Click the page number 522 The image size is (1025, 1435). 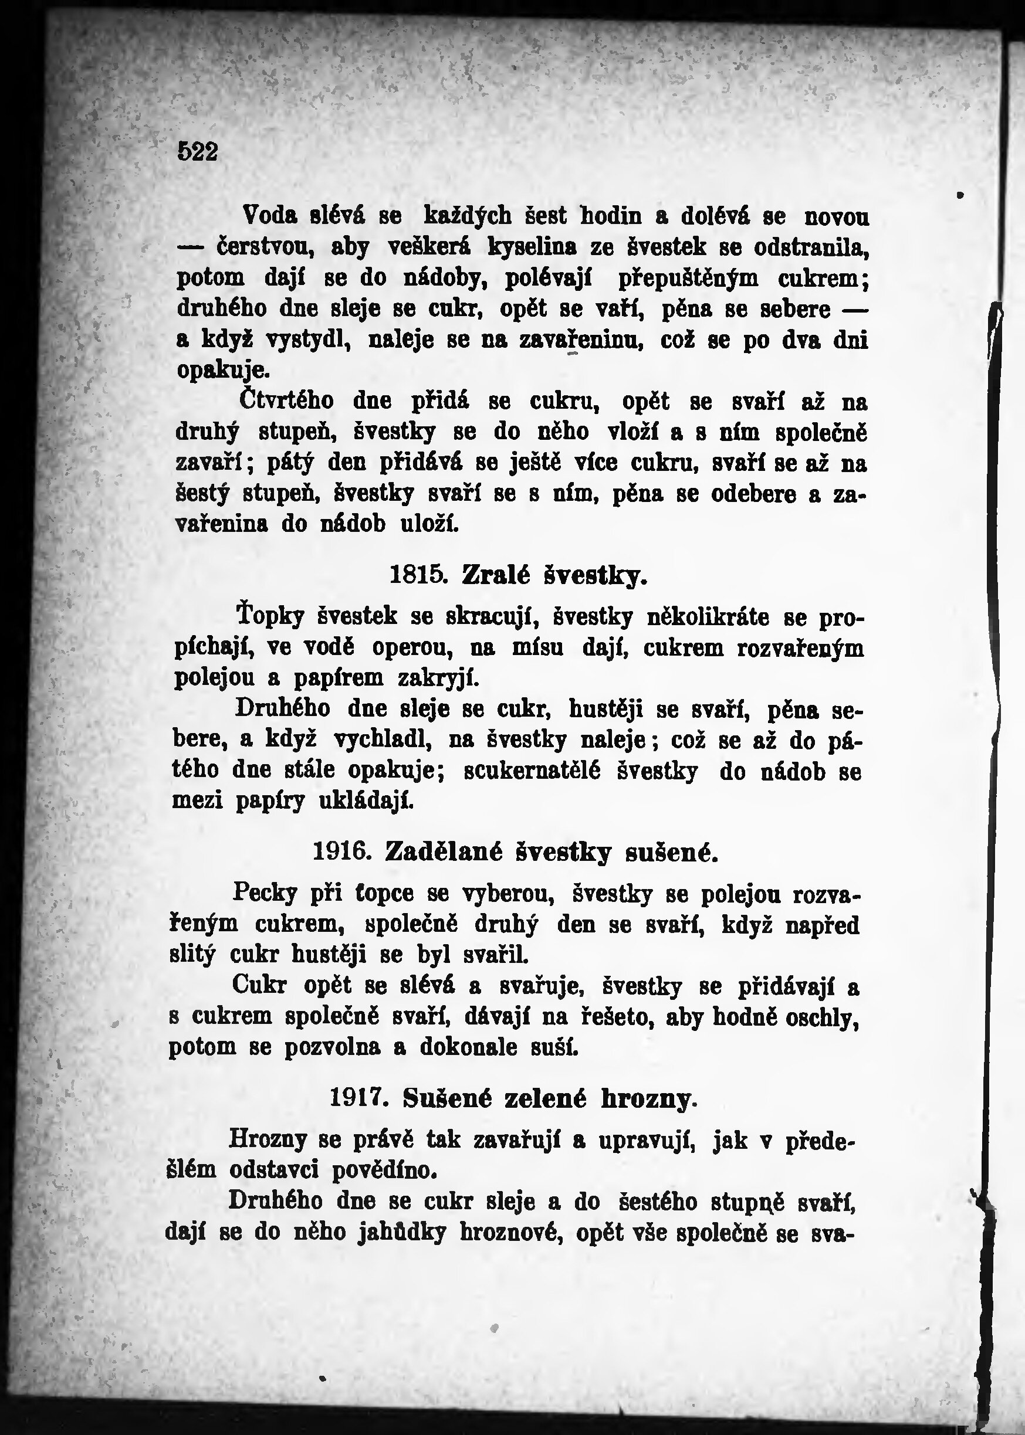[198, 152]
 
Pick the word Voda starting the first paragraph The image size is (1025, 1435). [270, 217]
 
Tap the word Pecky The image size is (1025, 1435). [265, 893]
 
